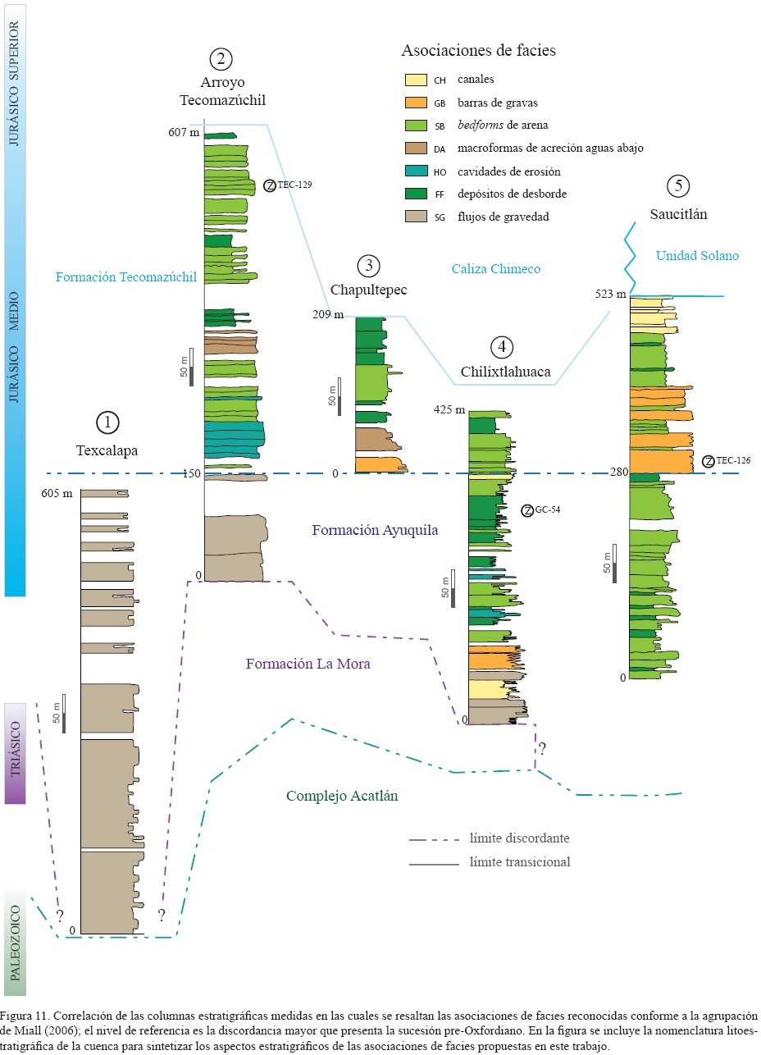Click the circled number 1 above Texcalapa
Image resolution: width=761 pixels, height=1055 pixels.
coord(107,422)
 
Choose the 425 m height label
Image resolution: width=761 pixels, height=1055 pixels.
coord(449,410)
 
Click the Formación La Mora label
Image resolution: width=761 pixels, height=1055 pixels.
coord(308,664)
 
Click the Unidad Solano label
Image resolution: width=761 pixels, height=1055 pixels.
coord(697,256)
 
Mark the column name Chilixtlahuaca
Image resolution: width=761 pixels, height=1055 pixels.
coord(504,371)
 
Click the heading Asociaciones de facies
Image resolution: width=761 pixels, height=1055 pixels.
coord(478,51)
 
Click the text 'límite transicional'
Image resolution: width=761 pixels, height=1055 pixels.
coord(520,862)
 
